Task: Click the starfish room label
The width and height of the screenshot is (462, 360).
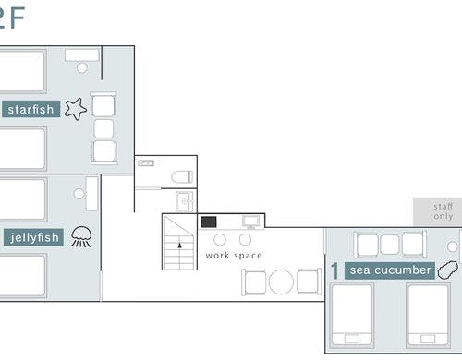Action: [x=30, y=109]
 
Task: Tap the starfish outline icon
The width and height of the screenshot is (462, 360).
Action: [x=76, y=109]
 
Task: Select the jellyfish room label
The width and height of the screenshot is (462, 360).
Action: [x=33, y=237]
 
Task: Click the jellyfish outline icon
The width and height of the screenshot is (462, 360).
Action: [x=81, y=236]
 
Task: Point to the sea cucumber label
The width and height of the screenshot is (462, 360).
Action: [x=390, y=270]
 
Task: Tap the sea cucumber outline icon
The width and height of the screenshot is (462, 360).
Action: [x=448, y=270]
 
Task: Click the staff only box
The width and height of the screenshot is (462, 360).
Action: [x=437, y=211]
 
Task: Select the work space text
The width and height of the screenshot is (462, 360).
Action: [x=234, y=256]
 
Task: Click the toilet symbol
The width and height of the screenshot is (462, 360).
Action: [x=182, y=177]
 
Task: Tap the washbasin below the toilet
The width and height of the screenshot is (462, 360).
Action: [x=185, y=201]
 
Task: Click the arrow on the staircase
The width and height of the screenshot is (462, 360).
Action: [x=180, y=246]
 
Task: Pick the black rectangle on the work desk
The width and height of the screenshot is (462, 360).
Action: [x=209, y=222]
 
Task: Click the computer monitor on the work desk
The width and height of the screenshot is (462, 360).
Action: [x=251, y=222]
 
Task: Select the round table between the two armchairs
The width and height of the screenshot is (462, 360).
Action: [x=281, y=282]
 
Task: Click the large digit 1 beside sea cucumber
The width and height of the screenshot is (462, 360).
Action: [x=334, y=270]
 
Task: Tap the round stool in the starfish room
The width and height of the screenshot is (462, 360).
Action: [x=82, y=67]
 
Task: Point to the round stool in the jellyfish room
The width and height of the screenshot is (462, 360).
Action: [x=79, y=194]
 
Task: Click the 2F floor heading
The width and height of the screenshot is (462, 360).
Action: [x=12, y=18]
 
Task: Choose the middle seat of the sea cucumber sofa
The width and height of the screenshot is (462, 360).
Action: [x=390, y=245]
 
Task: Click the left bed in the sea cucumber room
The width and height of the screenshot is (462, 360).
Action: [x=352, y=315]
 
